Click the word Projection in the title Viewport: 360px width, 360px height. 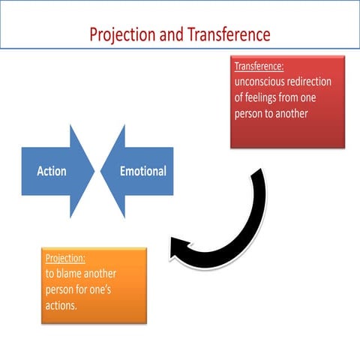(121, 34)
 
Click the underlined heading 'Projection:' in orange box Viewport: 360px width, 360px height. (64, 259)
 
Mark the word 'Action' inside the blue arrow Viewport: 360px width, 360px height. (52, 171)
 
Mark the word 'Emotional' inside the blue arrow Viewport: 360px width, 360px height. (142, 171)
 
